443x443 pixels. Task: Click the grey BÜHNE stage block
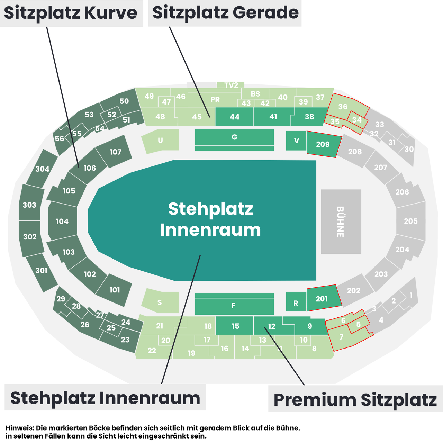tap(341, 221)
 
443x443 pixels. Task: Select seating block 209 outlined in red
tap(324, 144)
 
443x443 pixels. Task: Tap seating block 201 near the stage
tap(324, 298)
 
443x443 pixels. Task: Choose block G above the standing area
tap(234, 139)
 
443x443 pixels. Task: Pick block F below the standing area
tap(234, 304)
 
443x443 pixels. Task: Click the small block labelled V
tap(296, 141)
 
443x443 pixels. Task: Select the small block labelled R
tap(296, 301)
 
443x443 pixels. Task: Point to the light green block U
tap(161, 141)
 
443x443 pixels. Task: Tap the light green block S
tap(161, 301)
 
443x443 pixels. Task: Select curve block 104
tap(62, 221)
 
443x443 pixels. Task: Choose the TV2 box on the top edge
tap(230, 85)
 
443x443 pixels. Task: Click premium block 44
tap(234, 117)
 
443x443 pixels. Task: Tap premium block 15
tap(235, 326)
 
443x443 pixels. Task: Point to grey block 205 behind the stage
tap(411, 221)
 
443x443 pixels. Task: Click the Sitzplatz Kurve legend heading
tap(71, 13)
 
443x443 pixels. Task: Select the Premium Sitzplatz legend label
tap(355, 400)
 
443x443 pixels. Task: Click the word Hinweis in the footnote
tap(20, 428)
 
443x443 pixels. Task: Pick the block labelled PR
tap(215, 100)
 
